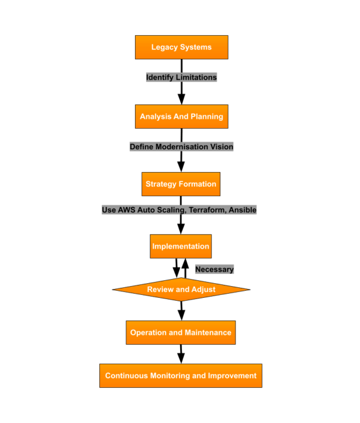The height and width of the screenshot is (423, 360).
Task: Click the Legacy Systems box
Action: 181,47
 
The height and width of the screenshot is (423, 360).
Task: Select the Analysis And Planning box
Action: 181,116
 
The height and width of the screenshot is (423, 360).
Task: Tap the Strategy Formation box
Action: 181,184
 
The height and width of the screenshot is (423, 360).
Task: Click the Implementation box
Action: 180,246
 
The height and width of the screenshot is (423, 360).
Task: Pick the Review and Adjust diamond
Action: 181,289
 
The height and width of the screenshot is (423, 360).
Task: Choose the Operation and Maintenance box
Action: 180,333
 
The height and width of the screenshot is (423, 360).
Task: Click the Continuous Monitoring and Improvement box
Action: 180,375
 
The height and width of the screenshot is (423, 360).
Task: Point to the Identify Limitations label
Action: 181,77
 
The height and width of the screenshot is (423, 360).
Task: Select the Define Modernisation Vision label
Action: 181,146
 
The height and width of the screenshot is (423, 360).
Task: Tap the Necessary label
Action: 214,269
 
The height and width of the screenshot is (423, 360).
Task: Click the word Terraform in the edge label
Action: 207,210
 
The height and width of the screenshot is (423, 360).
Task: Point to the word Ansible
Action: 243,210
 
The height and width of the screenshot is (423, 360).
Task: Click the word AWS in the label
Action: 126,210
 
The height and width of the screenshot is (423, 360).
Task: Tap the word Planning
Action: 207,116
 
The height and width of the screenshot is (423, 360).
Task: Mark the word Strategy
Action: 161,184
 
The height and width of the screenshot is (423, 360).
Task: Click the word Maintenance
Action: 208,333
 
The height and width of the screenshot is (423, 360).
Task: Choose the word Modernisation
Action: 181,146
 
